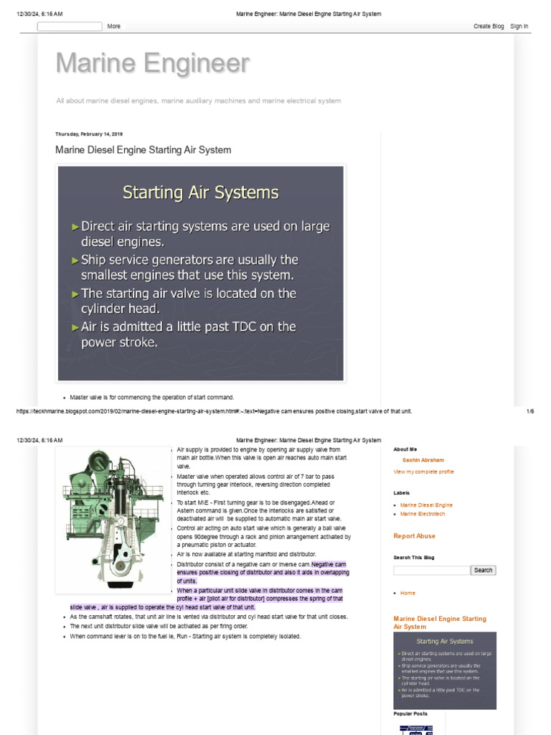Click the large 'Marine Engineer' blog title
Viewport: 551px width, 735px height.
(153, 64)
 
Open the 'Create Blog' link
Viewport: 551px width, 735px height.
(488, 27)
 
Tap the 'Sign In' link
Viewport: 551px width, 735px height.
(519, 27)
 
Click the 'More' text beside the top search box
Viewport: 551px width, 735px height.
(114, 27)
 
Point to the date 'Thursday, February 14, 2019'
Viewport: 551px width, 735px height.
(89, 134)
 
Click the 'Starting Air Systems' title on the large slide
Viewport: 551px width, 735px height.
(201, 192)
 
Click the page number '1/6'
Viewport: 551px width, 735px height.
(530, 411)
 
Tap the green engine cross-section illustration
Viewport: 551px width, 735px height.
(113, 520)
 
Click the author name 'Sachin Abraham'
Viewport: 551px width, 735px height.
(423, 460)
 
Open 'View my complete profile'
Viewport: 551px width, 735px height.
(423, 472)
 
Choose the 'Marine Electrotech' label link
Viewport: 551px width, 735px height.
(423, 514)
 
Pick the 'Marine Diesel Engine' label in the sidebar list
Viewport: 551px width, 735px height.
(426, 505)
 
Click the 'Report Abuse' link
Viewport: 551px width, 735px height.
(415, 536)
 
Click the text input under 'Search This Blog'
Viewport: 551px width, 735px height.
(431, 571)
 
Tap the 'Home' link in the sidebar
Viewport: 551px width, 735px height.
(408, 593)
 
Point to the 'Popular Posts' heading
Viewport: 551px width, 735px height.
(410, 714)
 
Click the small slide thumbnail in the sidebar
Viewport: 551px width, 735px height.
(445, 670)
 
